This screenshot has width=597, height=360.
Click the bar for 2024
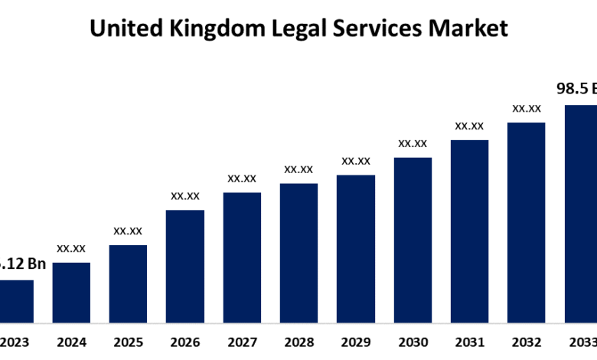coord(71,292)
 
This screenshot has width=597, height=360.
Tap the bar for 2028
coord(298,252)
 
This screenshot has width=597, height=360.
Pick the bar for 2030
coord(413,239)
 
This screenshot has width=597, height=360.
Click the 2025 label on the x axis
coord(128,342)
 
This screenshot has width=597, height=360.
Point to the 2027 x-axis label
coord(242,342)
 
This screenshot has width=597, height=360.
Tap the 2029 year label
coord(356,342)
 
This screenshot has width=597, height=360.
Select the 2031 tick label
coord(469,342)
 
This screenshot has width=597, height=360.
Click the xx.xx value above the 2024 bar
coord(71,248)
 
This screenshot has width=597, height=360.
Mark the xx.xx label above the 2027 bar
coord(242,178)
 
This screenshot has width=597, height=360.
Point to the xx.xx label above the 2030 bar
coord(413,143)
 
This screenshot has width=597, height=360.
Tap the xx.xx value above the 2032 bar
coord(527,109)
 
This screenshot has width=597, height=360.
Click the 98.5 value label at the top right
coord(576,90)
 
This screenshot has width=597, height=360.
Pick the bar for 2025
coord(128,283)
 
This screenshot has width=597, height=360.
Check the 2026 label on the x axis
coord(185,342)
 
